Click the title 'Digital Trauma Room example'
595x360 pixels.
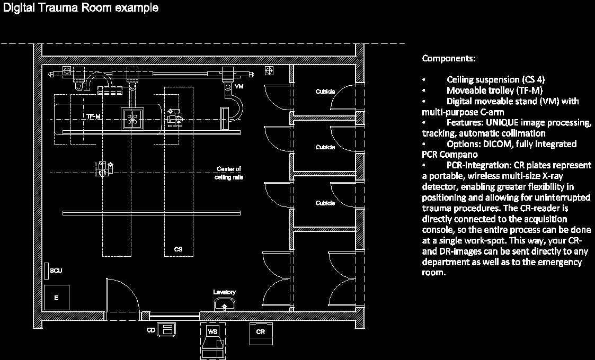click(81, 8)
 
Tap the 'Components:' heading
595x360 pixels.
click(448, 58)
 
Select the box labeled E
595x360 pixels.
click(56, 298)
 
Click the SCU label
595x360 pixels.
click(56, 271)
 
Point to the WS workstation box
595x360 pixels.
click(212, 332)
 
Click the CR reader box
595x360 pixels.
click(260, 332)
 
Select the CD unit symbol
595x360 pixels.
click(167, 330)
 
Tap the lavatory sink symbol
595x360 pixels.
click(225, 305)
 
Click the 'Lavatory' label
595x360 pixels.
click(224, 292)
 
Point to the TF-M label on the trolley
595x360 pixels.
click(94, 116)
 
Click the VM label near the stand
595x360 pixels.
click(239, 86)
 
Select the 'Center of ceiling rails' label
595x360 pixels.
click(229, 173)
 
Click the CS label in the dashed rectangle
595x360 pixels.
click(179, 249)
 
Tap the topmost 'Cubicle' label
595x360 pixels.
click(325, 92)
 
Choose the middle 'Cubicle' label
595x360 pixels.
click(325, 147)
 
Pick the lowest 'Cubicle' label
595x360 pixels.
click(325, 203)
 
